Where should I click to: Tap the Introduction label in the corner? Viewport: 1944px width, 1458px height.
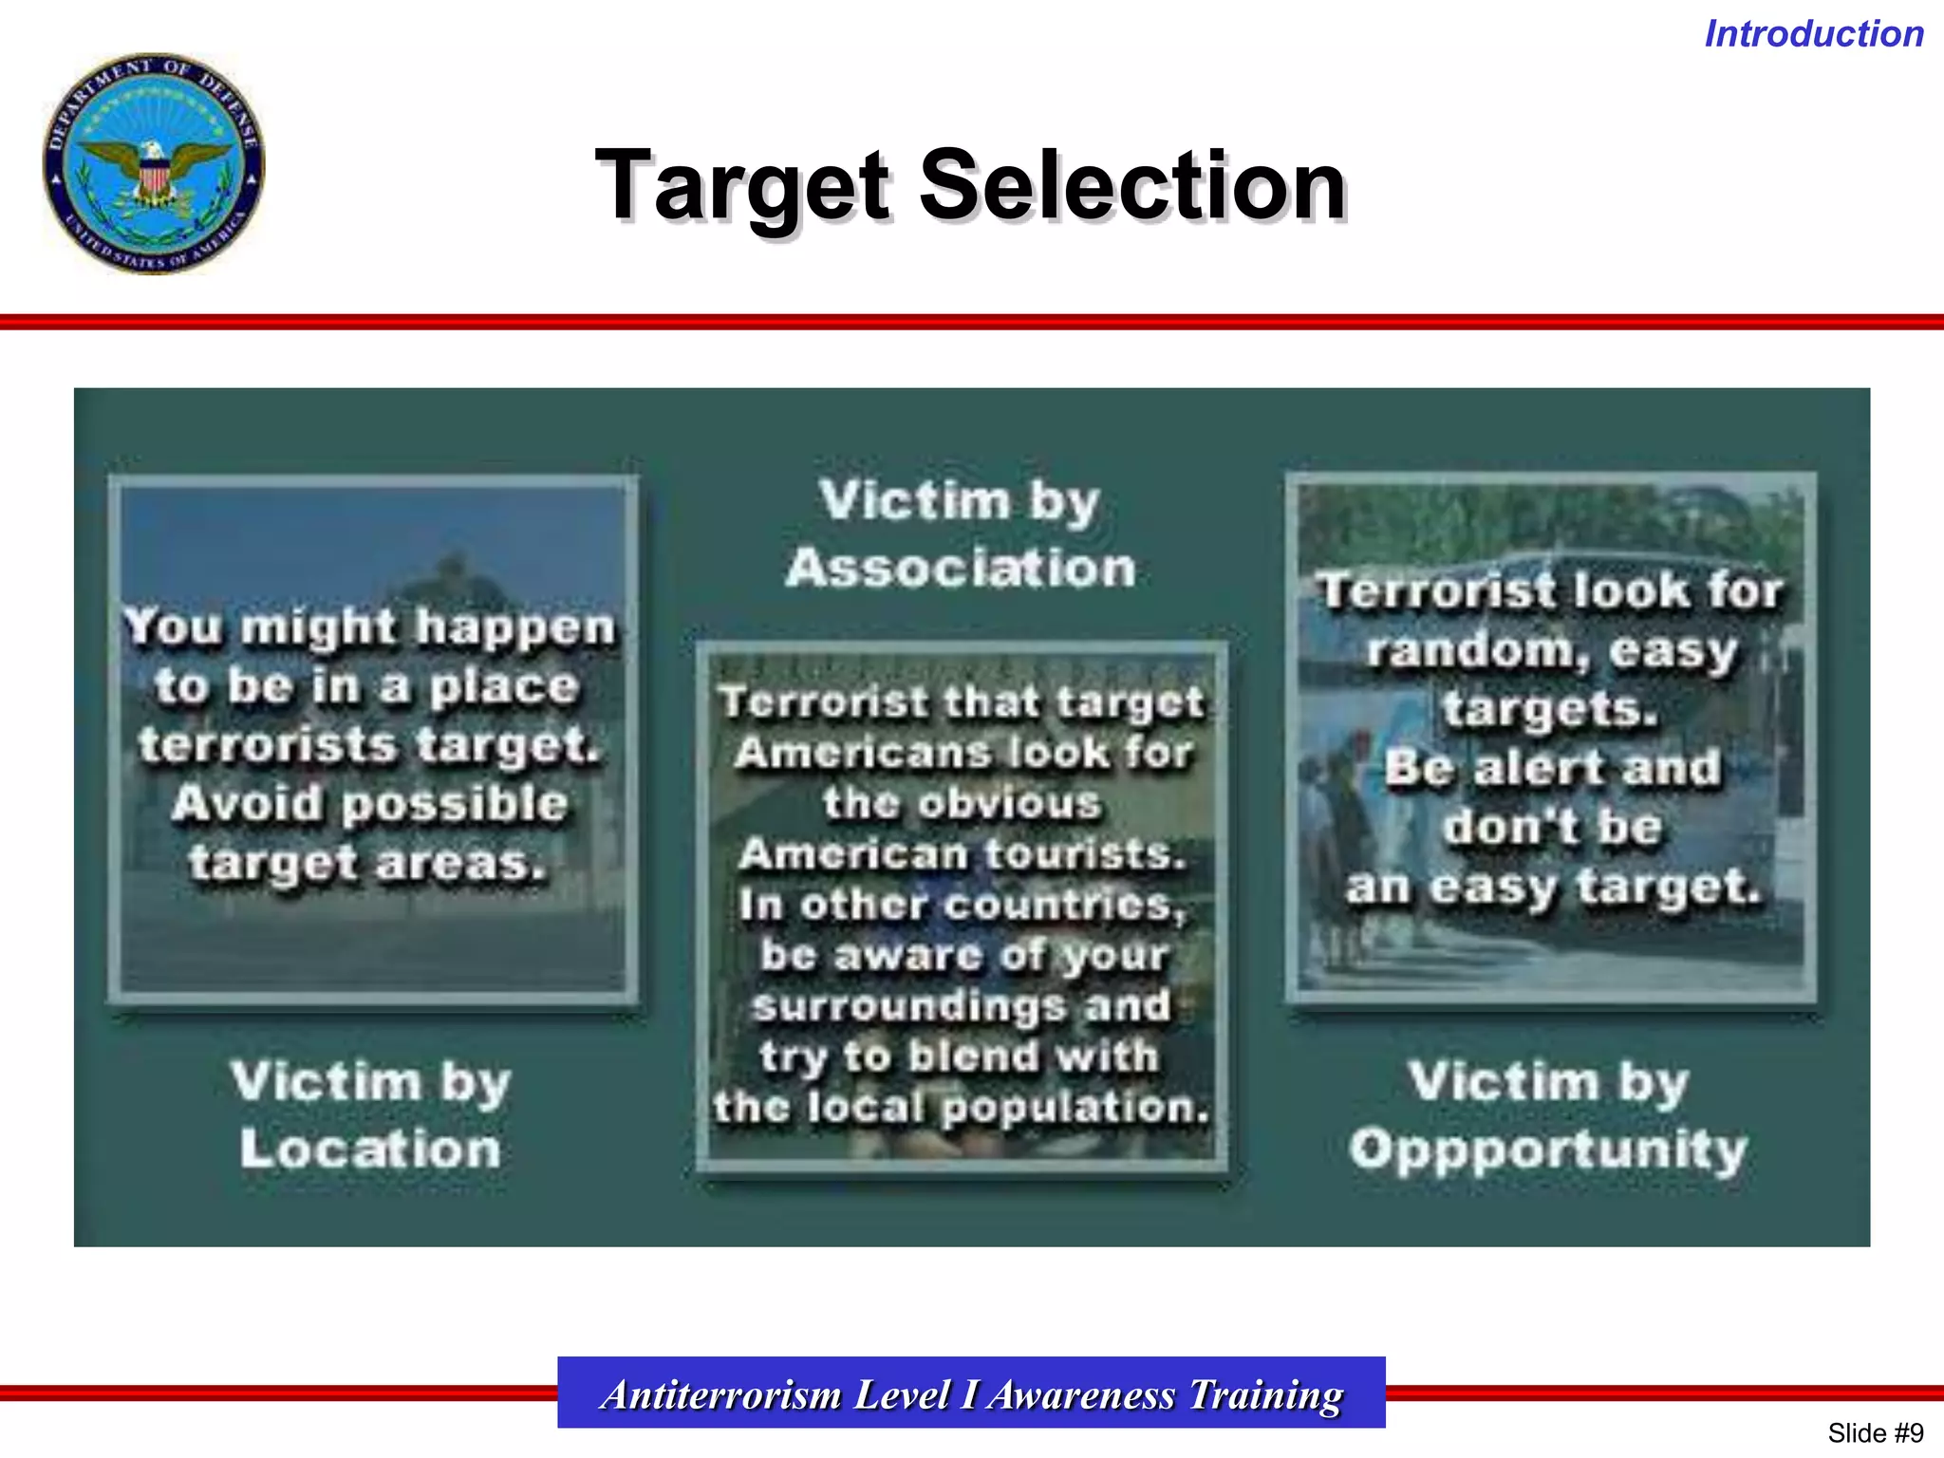point(1814,34)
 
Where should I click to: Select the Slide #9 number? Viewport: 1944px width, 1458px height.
point(1875,1432)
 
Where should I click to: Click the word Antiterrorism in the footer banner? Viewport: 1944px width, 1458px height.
point(721,1394)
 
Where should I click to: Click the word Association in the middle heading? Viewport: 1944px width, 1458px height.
point(961,569)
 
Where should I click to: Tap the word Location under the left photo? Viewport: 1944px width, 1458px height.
point(370,1149)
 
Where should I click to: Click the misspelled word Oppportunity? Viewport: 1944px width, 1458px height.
point(1548,1150)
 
